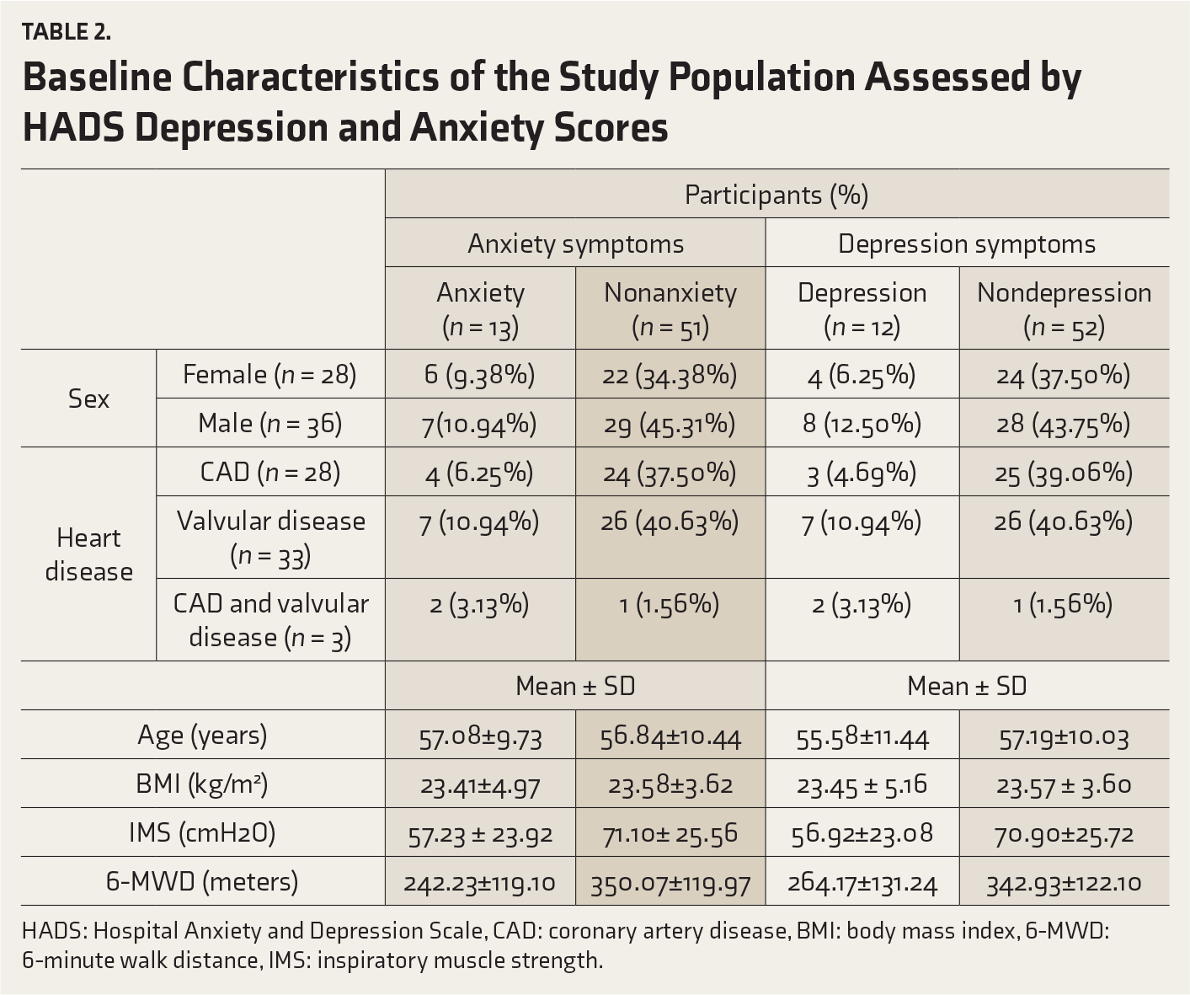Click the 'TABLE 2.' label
point(66,32)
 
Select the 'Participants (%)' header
point(776,195)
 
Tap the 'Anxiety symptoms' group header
point(575,244)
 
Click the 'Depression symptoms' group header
point(967,244)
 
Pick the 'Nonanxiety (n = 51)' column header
point(670,309)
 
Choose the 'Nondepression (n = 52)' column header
point(1064,309)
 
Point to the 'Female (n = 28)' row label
point(269,375)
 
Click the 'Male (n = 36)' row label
point(269,424)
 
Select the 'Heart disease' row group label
point(88,554)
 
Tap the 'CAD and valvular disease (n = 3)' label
point(270,620)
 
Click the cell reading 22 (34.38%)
point(670,376)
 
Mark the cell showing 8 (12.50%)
point(862,425)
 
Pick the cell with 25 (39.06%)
point(1064,473)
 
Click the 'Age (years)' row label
point(202,735)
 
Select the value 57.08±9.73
point(480,738)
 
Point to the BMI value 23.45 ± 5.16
point(862,786)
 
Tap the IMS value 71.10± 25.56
point(670,834)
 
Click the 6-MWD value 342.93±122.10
point(1064,883)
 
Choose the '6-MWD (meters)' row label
point(202,881)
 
